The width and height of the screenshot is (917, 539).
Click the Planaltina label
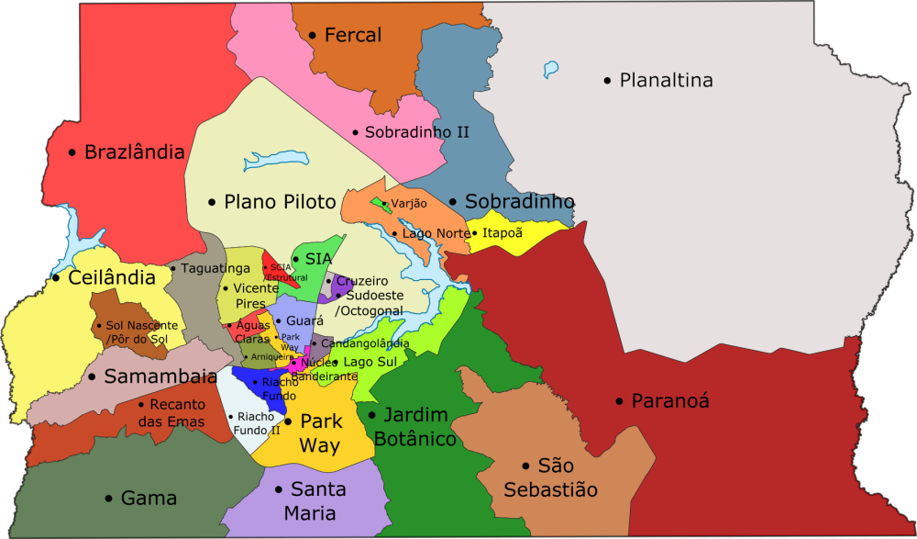pyautogui.click(x=666, y=81)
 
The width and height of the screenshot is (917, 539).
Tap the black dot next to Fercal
pyautogui.click(x=312, y=36)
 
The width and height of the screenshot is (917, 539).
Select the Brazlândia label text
pyautogui.click(x=134, y=152)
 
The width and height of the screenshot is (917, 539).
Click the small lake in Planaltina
pyautogui.click(x=550, y=69)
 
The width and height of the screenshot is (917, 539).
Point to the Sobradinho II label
pyautogui.click(x=416, y=132)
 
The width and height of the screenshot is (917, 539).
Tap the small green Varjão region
pyautogui.click(x=379, y=205)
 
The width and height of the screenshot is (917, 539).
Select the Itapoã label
pyautogui.click(x=502, y=233)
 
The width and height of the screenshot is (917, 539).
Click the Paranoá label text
pyautogui.click(x=670, y=401)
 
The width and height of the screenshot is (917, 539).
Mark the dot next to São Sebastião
pyautogui.click(x=525, y=466)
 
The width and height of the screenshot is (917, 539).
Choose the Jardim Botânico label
pyautogui.click(x=419, y=427)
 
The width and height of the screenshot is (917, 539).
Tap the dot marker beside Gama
pyautogui.click(x=108, y=499)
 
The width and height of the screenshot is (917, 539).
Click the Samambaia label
pyautogui.click(x=160, y=376)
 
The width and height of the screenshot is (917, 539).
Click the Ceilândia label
pyautogui.click(x=111, y=277)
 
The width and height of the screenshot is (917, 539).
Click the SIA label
pyautogui.click(x=318, y=260)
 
